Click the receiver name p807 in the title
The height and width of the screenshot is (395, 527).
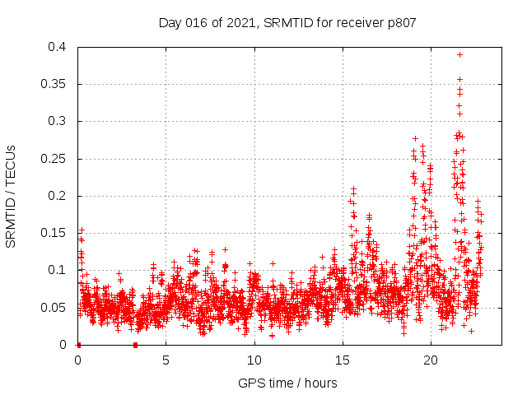pos(399,23)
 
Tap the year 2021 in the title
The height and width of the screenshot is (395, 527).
pos(240,23)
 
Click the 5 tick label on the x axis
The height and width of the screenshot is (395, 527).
pos(166,360)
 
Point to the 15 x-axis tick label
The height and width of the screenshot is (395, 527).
pos(343,360)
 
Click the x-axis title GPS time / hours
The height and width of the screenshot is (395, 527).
pos(287,383)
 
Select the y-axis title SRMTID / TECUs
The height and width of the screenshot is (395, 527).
pos(12,196)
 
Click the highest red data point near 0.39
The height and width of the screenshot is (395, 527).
pos(459,54)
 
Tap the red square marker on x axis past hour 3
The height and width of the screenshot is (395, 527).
pos(135,344)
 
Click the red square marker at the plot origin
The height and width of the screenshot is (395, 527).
pos(78,344)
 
